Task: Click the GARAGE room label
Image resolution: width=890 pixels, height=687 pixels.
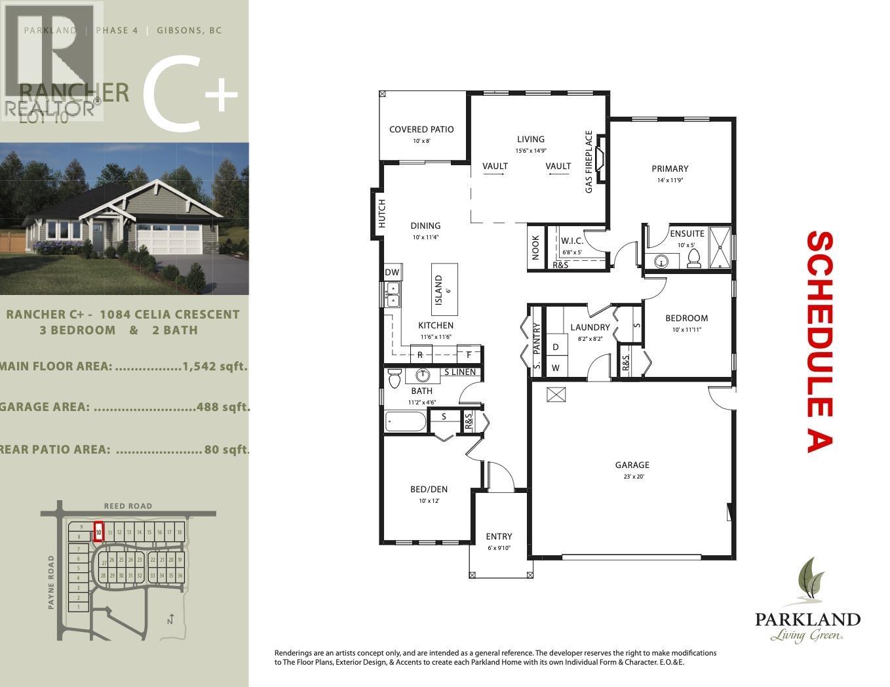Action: pos(632,465)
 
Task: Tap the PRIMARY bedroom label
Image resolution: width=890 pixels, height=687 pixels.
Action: pos(670,169)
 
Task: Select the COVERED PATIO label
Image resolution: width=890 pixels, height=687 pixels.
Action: pos(421,130)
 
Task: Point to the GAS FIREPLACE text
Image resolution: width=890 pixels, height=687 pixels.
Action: pos(589,161)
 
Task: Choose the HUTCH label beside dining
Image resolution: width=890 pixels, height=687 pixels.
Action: pos(381,214)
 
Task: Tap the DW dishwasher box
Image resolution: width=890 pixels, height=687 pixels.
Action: pos(392,273)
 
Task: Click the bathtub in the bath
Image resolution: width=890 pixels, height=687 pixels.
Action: pos(405,421)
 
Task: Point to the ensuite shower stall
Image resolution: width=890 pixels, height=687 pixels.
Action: pos(719,247)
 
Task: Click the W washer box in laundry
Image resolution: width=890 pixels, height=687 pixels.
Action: pos(556,368)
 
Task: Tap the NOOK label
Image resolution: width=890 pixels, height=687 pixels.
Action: pos(535,248)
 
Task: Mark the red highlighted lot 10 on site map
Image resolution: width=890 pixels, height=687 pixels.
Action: pos(98,530)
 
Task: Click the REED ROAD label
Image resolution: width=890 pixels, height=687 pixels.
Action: pos(128,505)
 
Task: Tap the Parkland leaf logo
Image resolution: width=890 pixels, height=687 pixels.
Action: pos(807,580)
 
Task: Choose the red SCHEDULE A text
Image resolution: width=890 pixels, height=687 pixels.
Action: pos(819,341)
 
